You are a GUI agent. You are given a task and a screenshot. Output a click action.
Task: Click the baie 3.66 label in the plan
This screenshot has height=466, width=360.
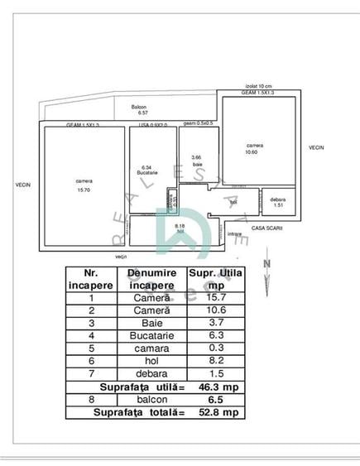pos(196,161)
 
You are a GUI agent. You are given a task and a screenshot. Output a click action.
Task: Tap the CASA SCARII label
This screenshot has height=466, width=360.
pos(268,227)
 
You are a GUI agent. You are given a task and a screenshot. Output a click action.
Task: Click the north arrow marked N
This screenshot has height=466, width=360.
pos(266,265)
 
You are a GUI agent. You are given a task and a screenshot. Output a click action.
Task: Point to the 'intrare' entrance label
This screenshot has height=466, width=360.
pos(235,234)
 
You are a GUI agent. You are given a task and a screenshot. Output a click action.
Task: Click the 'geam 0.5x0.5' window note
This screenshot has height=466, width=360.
pos(199,123)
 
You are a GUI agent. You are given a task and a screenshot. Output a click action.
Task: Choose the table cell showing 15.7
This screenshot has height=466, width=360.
pos(214,297)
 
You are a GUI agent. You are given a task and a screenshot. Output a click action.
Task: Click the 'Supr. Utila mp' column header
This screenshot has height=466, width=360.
pos(214,278)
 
